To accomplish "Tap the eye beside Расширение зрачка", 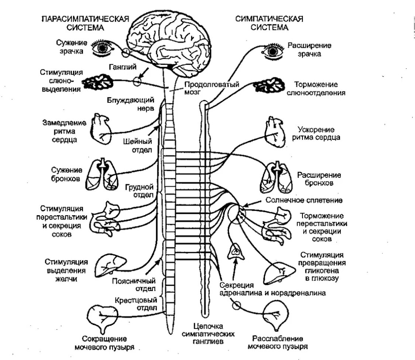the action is (272, 51).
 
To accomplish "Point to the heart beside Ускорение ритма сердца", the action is (275, 132).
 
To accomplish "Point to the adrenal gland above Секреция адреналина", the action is (236, 251).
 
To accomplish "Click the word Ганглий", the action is (122, 67).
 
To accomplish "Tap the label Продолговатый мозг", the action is (212, 88).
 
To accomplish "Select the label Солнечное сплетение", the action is (304, 200).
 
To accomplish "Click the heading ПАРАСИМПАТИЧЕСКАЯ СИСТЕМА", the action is (85, 23).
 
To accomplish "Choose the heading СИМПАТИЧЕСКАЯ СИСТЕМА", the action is (269, 23).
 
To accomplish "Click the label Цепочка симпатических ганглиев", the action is (208, 334).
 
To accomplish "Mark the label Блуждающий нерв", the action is (131, 104).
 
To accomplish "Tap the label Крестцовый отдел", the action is (136, 304).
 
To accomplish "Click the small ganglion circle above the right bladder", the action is (236, 305).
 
